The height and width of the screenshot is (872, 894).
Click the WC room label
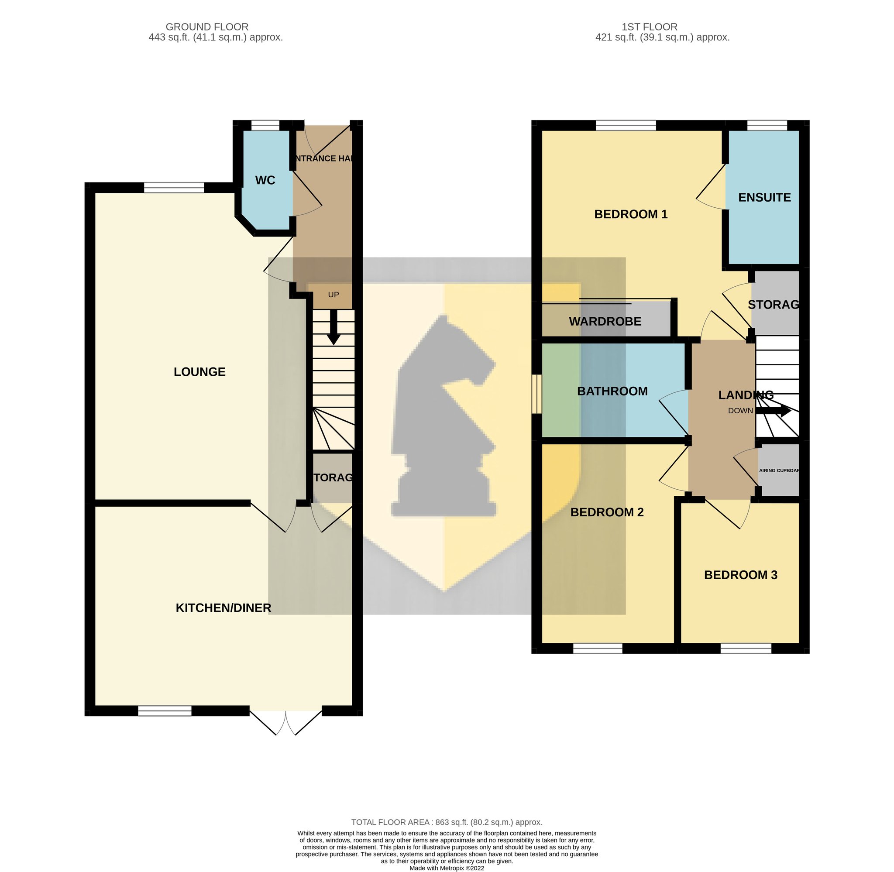(265, 180)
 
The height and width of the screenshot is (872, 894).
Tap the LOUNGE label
(199, 372)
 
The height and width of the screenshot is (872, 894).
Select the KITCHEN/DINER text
(223, 608)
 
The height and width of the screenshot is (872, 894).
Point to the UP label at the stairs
(334, 295)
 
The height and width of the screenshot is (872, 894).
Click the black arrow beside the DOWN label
(773, 411)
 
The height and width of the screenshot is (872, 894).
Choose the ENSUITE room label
(764, 197)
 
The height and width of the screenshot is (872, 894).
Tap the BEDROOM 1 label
(631, 214)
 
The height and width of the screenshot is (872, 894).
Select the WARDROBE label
(605, 322)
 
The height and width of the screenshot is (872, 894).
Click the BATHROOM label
(612, 391)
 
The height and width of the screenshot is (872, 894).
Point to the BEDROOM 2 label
(607, 512)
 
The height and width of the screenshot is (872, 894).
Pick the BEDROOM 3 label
(741, 575)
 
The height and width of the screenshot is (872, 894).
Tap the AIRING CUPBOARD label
(779, 470)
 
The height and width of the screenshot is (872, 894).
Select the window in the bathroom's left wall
(537, 395)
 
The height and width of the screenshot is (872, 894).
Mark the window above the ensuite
(767, 126)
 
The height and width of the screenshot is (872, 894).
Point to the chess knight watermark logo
(444, 416)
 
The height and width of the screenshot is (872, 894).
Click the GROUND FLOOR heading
(207, 27)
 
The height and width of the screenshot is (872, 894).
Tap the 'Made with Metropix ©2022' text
(447, 868)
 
